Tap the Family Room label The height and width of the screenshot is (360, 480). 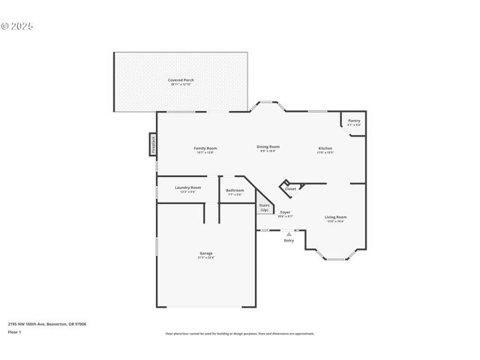coord(205,148)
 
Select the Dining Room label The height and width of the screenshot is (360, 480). coord(268,147)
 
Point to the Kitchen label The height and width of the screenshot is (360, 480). coord(325,148)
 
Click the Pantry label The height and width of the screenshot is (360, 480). coord(353,121)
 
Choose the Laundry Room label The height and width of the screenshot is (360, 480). coord(187,187)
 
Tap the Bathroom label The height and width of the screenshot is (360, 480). coord(235,190)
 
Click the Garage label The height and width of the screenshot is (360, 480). coord(205,253)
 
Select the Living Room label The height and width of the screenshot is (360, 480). coord(335,217)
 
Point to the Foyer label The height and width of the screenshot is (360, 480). coord(285,212)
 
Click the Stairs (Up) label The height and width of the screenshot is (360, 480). coord(264,208)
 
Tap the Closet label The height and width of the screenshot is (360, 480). coord(290,189)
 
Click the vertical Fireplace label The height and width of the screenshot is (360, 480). coord(153,144)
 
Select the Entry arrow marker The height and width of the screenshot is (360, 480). coord(289,234)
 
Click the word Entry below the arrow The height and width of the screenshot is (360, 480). coord(289,241)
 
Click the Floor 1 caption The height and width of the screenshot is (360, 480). coord(14,331)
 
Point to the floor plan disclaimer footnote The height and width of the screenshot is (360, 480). coord(239,334)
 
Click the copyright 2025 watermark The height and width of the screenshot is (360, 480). coord(17,26)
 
